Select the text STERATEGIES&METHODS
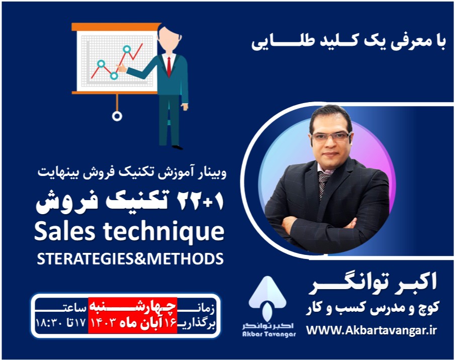click(130, 258)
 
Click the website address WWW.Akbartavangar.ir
click(372, 330)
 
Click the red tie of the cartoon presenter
click(169, 65)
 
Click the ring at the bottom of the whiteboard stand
click(117, 116)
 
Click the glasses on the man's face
click(330, 136)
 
